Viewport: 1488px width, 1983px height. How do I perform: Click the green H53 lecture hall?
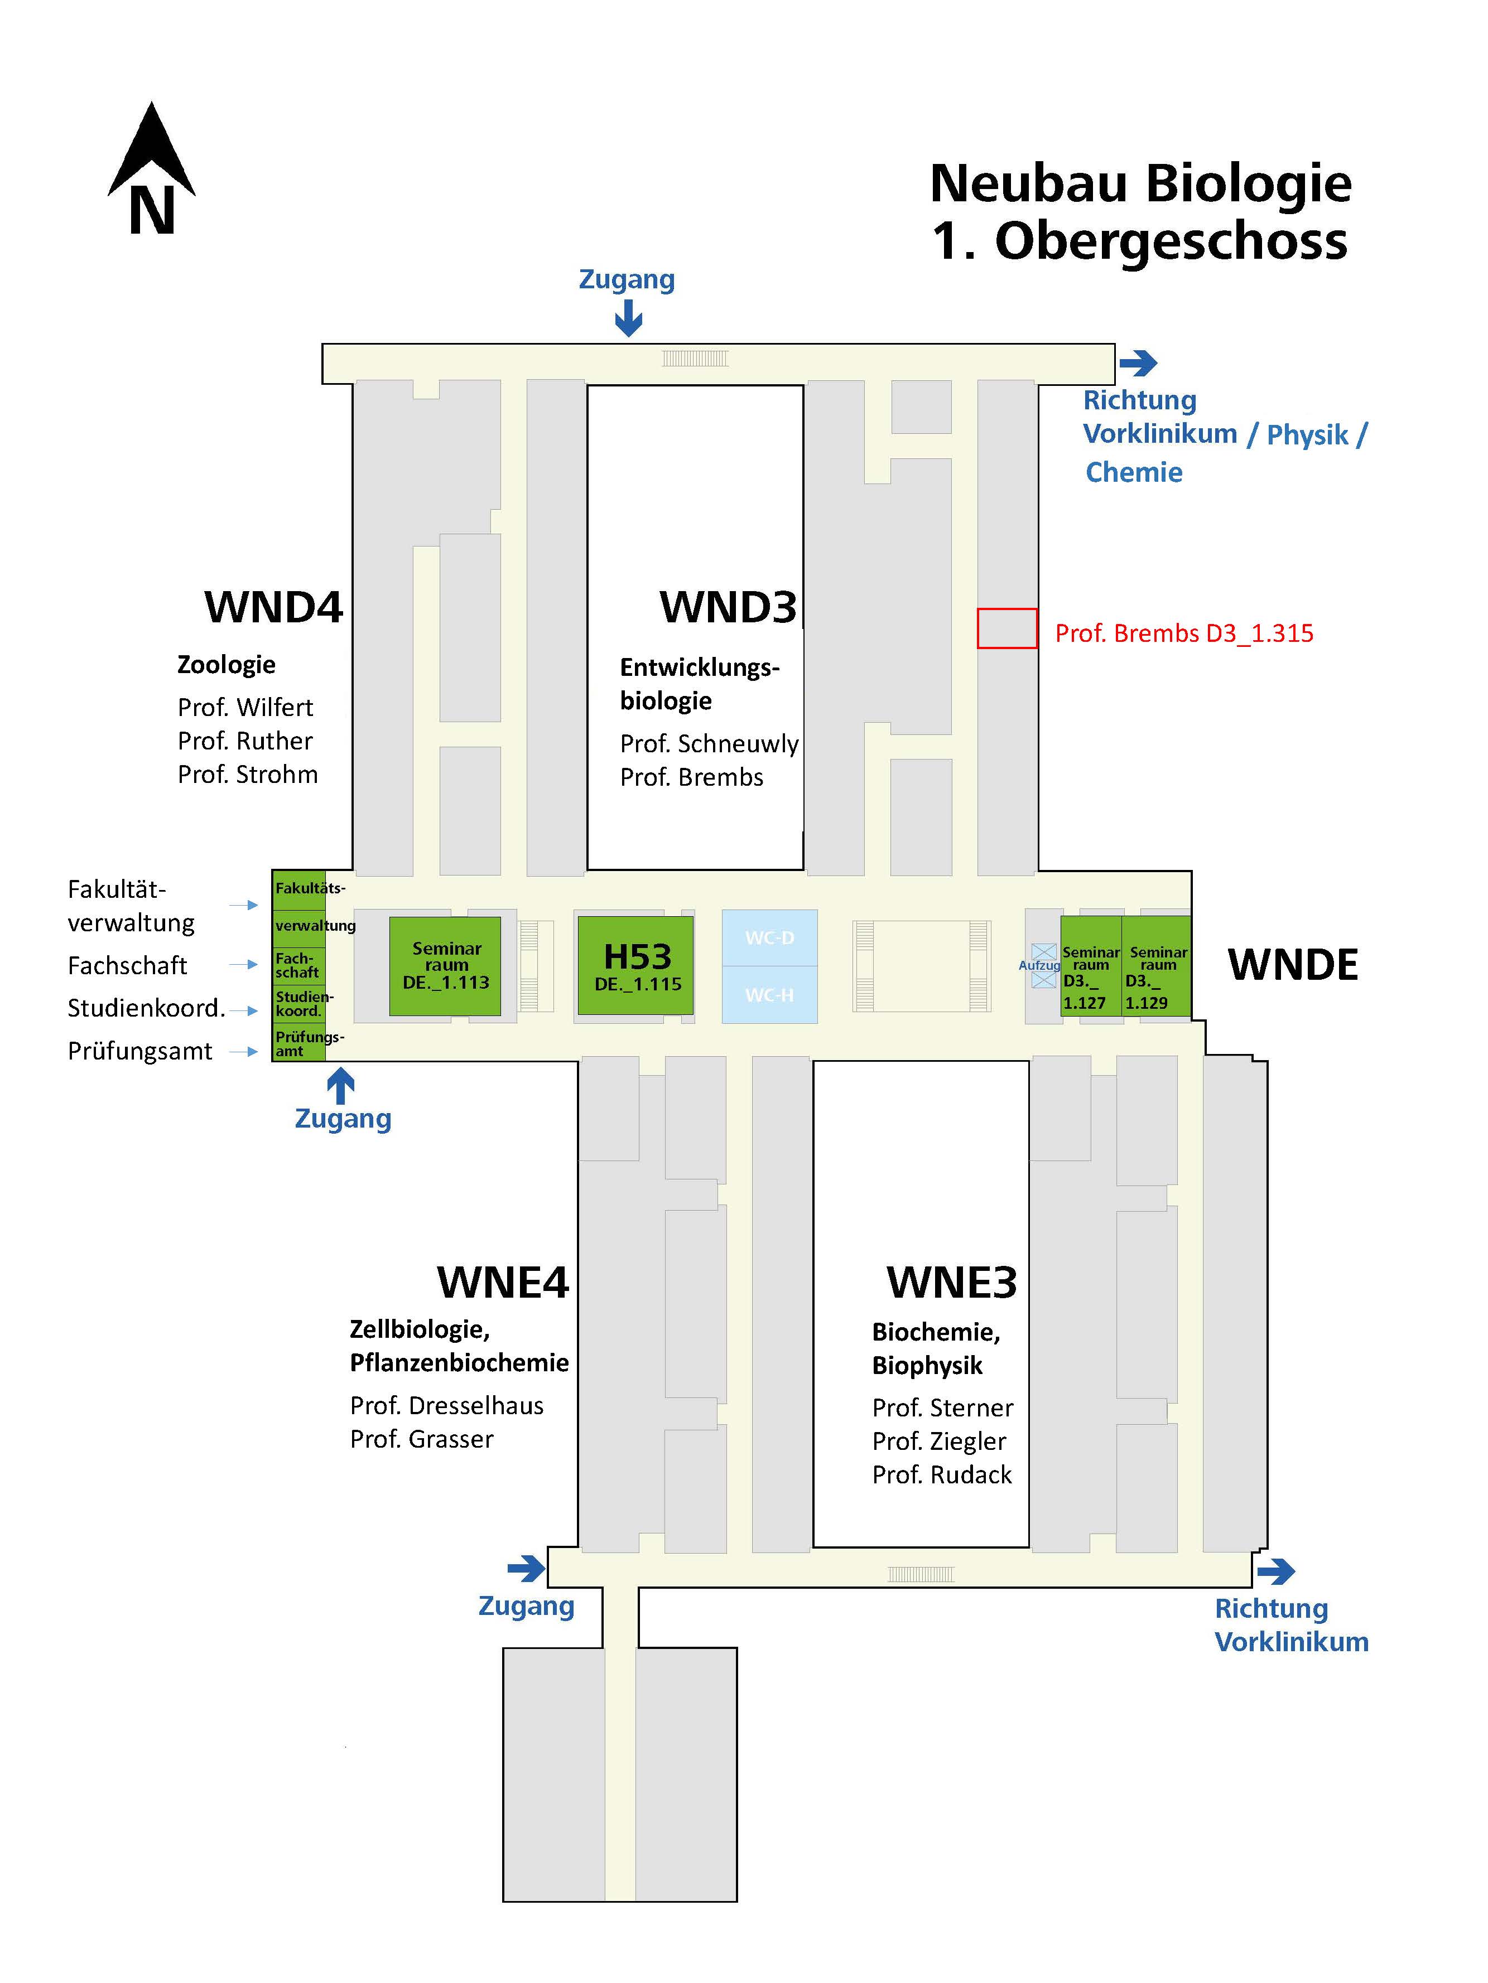(635, 965)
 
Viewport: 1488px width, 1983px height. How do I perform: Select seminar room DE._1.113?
(445, 965)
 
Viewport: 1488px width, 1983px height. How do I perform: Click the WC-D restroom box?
(769, 938)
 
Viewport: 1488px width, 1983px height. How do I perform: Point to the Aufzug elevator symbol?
(1043, 965)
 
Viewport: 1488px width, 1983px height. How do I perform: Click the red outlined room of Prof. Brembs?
(1007, 627)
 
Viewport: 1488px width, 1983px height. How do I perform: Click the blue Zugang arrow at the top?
(629, 317)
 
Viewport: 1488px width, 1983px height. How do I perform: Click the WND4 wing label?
(273, 607)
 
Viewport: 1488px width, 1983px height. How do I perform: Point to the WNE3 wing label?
(952, 1282)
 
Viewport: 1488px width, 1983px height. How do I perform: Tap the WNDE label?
(1293, 965)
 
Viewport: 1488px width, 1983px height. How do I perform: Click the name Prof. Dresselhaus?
(447, 1405)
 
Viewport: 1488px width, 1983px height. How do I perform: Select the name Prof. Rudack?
(942, 1474)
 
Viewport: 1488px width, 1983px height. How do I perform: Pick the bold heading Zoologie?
(226, 664)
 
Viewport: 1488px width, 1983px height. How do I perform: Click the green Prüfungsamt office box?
(298, 1043)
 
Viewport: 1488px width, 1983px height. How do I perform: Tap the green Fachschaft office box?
(298, 965)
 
